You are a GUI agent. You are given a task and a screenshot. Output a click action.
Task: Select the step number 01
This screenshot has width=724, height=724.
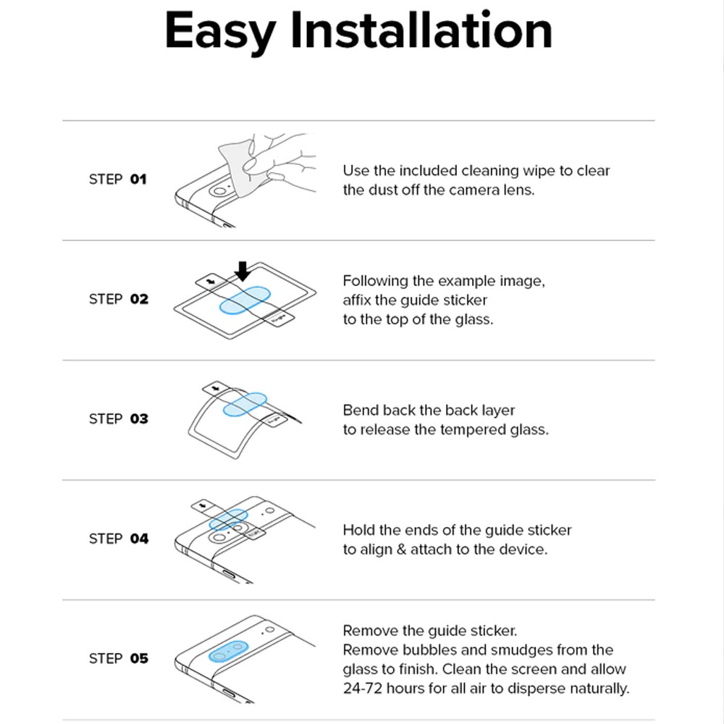(138, 179)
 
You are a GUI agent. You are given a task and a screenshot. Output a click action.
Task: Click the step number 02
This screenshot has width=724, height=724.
(139, 299)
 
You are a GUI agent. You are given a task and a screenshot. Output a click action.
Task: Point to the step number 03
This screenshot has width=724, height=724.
(139, 418)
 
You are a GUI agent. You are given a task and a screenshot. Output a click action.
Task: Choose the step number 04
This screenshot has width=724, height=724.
(139, 539)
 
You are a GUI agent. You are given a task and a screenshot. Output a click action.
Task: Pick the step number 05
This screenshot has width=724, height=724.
(139, 658)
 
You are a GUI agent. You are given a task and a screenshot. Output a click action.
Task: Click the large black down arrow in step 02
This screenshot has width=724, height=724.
(243, 271)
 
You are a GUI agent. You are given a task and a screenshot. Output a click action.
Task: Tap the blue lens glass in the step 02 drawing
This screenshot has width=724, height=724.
(245, 300)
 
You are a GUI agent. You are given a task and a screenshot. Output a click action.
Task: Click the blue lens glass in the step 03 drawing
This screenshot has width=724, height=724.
(245, 405)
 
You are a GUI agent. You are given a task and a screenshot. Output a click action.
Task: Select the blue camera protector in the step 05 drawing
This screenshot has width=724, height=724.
(229, 651)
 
